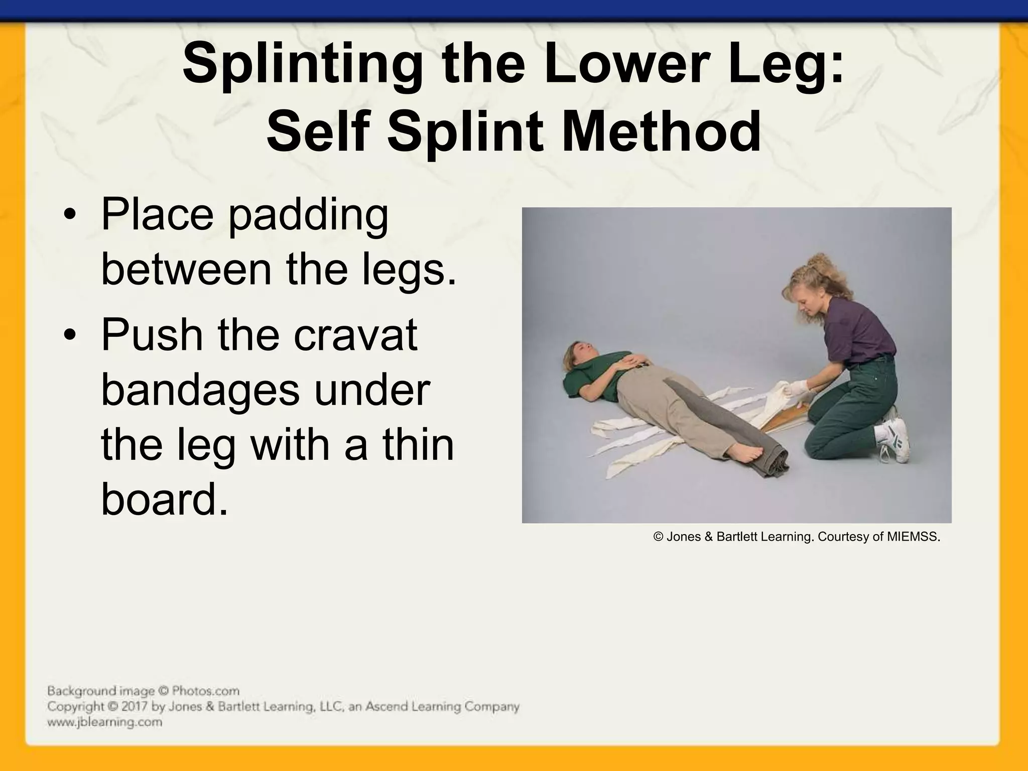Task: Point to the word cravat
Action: (x=355, y=335)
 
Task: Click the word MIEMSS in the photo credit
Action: (x=912, y=537)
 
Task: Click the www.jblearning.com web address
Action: (x=104, y=722)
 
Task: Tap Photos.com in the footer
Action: (x=205, y=691)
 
